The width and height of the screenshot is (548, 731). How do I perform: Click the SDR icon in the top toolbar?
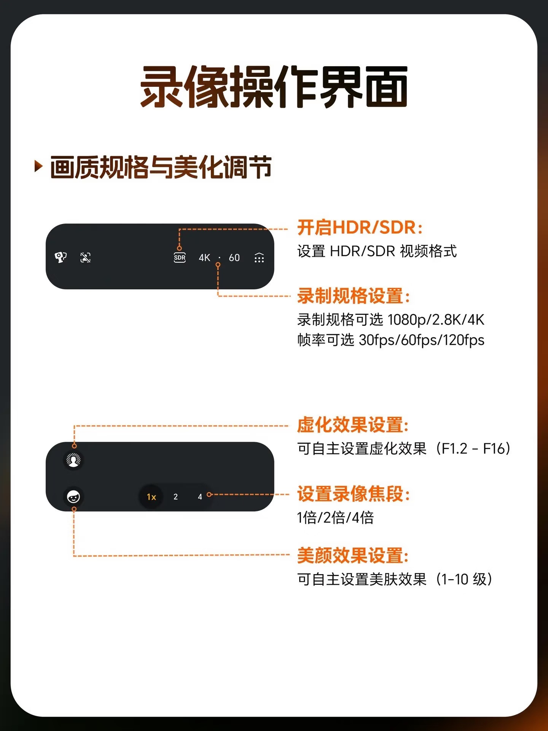tap(180, 258)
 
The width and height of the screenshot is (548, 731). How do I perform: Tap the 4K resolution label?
tap(204, 258)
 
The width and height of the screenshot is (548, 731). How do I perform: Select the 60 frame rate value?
tap(234, 258)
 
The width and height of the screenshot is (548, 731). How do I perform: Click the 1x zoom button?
tap(151, 497)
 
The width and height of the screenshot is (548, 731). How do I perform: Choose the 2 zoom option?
tap(175, 497)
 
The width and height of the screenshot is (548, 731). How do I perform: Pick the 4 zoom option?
tap(200, 497)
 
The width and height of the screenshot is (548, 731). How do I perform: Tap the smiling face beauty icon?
tap(73, 497)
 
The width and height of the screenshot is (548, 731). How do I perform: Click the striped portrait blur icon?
tap(73, 460)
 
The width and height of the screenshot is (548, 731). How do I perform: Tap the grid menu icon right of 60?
tap(259, 258)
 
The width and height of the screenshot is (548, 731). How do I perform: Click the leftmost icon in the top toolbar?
tap(61, 257)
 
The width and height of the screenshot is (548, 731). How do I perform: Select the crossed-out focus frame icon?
tap(86, 258)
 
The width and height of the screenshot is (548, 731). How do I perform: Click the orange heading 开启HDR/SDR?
tap(360, 227)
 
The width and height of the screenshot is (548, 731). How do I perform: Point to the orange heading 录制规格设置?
tap(354, 296)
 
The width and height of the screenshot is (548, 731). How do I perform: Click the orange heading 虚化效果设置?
tap(353, 425)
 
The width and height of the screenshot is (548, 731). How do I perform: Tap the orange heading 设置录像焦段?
tap(354, 494)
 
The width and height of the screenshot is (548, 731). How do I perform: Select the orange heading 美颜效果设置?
tap(353, 555)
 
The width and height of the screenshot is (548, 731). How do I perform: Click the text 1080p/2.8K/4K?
tap(436, 320)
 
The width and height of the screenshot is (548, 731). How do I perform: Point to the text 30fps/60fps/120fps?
tap(422, 340)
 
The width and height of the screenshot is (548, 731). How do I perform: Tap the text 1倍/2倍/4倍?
tap(335, 518)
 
